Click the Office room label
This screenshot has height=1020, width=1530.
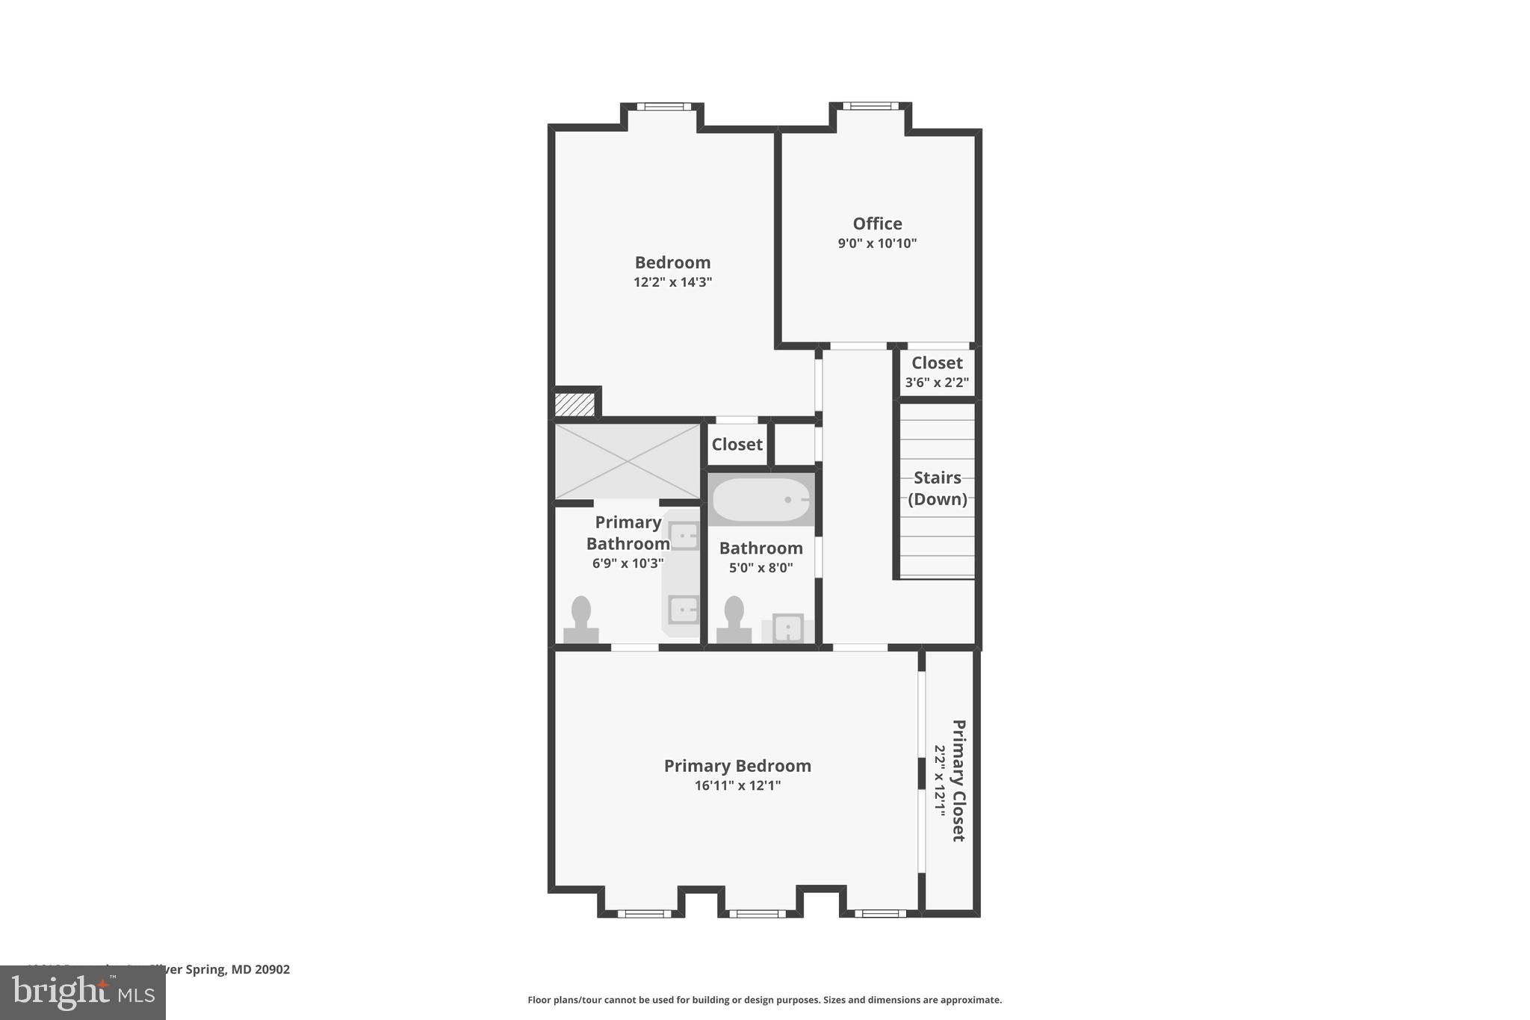[877, 223]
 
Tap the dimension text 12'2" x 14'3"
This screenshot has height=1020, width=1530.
[672, 282]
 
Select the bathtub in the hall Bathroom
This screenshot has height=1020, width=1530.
[761, 500]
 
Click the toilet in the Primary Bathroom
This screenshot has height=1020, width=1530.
[581, 620]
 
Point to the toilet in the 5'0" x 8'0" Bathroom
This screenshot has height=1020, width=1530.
[734, 620]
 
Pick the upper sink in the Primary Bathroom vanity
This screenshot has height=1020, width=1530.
[684, 536]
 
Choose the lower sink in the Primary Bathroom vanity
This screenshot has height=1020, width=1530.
[683, 609]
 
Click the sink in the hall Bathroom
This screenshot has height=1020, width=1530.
[787, 628]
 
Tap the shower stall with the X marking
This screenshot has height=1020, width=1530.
[627, 461]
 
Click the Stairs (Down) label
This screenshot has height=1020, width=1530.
[937, 488]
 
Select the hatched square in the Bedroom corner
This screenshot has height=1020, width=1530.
[574, 404]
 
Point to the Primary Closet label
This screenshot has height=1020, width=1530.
[958, 780]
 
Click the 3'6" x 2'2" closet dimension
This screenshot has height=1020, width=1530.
[937, 383]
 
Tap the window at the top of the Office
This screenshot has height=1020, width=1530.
[870, 106]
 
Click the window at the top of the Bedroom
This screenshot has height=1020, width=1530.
[663, 106]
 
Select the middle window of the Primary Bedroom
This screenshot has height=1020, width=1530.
[757, 913]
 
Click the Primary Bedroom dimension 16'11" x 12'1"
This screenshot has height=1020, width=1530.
[737, 785]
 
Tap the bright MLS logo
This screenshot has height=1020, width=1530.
[82, 992]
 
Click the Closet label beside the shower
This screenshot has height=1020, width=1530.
[737, 445]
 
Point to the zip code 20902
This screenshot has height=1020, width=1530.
[271, 969]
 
